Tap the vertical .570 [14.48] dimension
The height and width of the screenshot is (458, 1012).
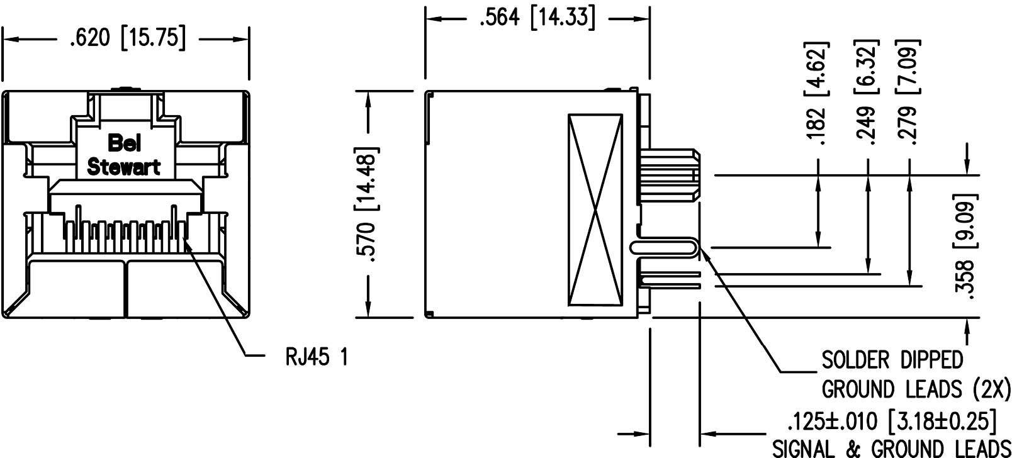[x=368, y=206]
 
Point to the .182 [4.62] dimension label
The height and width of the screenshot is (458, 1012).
[x=818, y=94]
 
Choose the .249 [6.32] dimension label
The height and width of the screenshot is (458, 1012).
[x=868, y=94]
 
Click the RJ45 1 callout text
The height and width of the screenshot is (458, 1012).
[x=316, y=357]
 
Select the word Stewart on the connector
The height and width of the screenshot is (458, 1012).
[x=124, y=167]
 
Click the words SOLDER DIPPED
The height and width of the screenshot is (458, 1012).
[x=892, y=360]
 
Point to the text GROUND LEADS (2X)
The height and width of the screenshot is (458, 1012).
[x=916, y=389]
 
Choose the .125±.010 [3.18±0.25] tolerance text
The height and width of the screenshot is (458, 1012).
[x=892, y=420]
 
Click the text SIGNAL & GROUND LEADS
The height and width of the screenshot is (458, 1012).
[x=891, y=448]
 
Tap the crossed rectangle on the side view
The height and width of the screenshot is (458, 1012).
[x=595, y=211]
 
